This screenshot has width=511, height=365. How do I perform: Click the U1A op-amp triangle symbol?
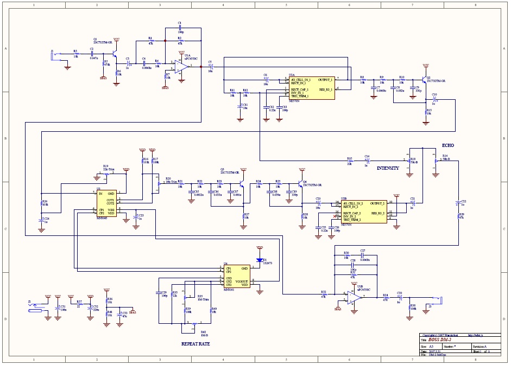(181, 66)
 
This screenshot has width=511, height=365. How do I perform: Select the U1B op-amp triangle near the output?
(351, 298)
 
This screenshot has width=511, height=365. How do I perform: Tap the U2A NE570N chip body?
(312, 88)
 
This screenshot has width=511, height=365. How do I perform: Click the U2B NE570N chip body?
(364, 212)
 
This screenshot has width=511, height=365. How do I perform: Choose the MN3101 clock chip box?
(237, 276)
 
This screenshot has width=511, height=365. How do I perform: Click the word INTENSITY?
(388, 168)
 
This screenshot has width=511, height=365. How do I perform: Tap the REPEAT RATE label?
(195, 344)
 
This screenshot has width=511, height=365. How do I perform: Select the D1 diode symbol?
(260, 259)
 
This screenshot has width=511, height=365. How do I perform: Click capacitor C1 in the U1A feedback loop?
(180, 28)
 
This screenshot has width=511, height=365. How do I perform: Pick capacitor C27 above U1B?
(363, 255)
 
